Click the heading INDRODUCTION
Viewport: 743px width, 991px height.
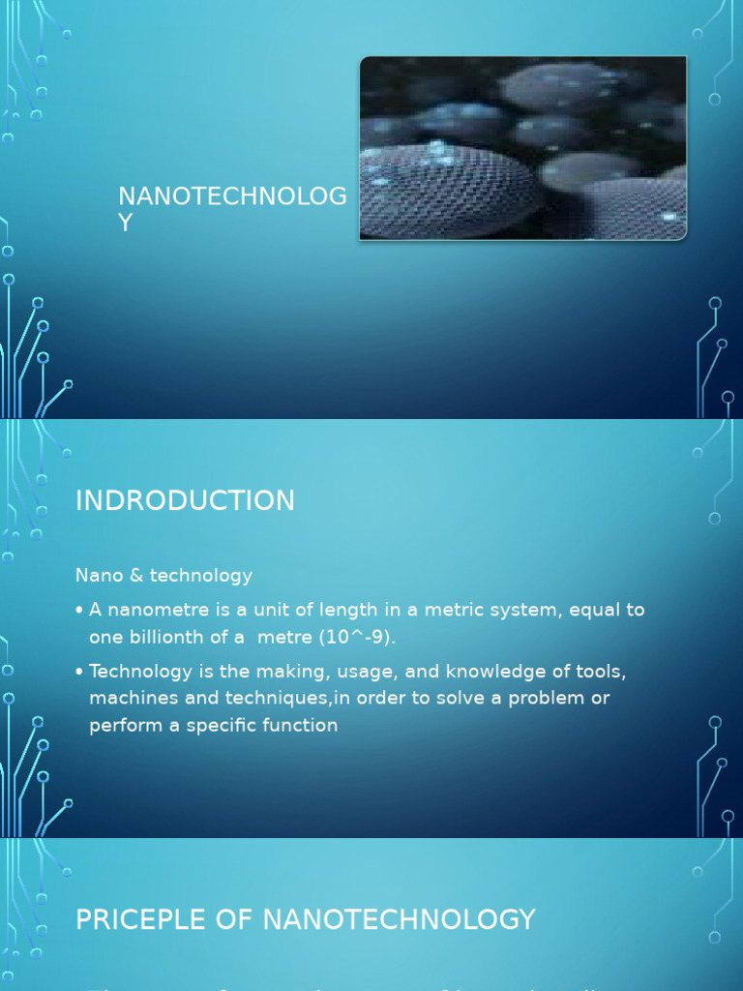[185, 500]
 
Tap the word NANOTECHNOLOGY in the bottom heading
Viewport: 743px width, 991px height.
[399, 918]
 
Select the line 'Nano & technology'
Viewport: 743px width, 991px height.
[163, 576]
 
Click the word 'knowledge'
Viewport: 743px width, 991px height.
[469, 671]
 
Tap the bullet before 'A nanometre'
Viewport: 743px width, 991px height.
[79, 611]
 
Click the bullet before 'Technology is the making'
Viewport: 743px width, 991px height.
[79, 671]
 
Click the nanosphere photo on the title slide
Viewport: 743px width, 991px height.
[522, 147]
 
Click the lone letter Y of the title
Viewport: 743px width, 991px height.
[125, 223]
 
